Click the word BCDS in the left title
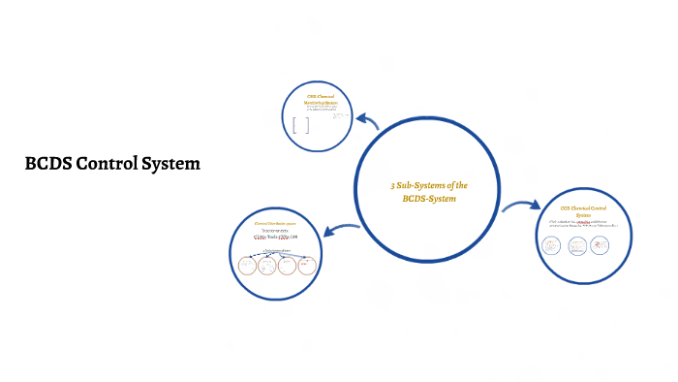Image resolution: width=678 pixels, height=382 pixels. [47, 164]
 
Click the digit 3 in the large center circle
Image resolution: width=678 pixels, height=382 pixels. [392, 184]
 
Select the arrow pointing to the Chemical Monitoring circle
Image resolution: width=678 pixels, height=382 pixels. [368, 121]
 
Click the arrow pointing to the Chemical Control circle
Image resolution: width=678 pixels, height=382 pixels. [521, 206]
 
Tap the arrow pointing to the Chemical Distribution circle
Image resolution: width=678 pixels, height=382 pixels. [341, 229]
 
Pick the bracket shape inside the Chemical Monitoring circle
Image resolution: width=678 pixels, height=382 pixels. [301, 125]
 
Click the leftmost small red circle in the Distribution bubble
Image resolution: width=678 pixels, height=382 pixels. [248, 265]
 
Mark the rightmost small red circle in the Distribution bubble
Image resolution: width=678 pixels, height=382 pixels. [307, 265]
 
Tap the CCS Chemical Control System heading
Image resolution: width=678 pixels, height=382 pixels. [591, 211]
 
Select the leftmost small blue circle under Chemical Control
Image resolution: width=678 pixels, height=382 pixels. [552, 247]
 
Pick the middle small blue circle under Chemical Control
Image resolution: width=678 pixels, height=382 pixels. [577, 247]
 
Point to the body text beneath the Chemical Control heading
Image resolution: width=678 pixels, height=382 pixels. [590, 225]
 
